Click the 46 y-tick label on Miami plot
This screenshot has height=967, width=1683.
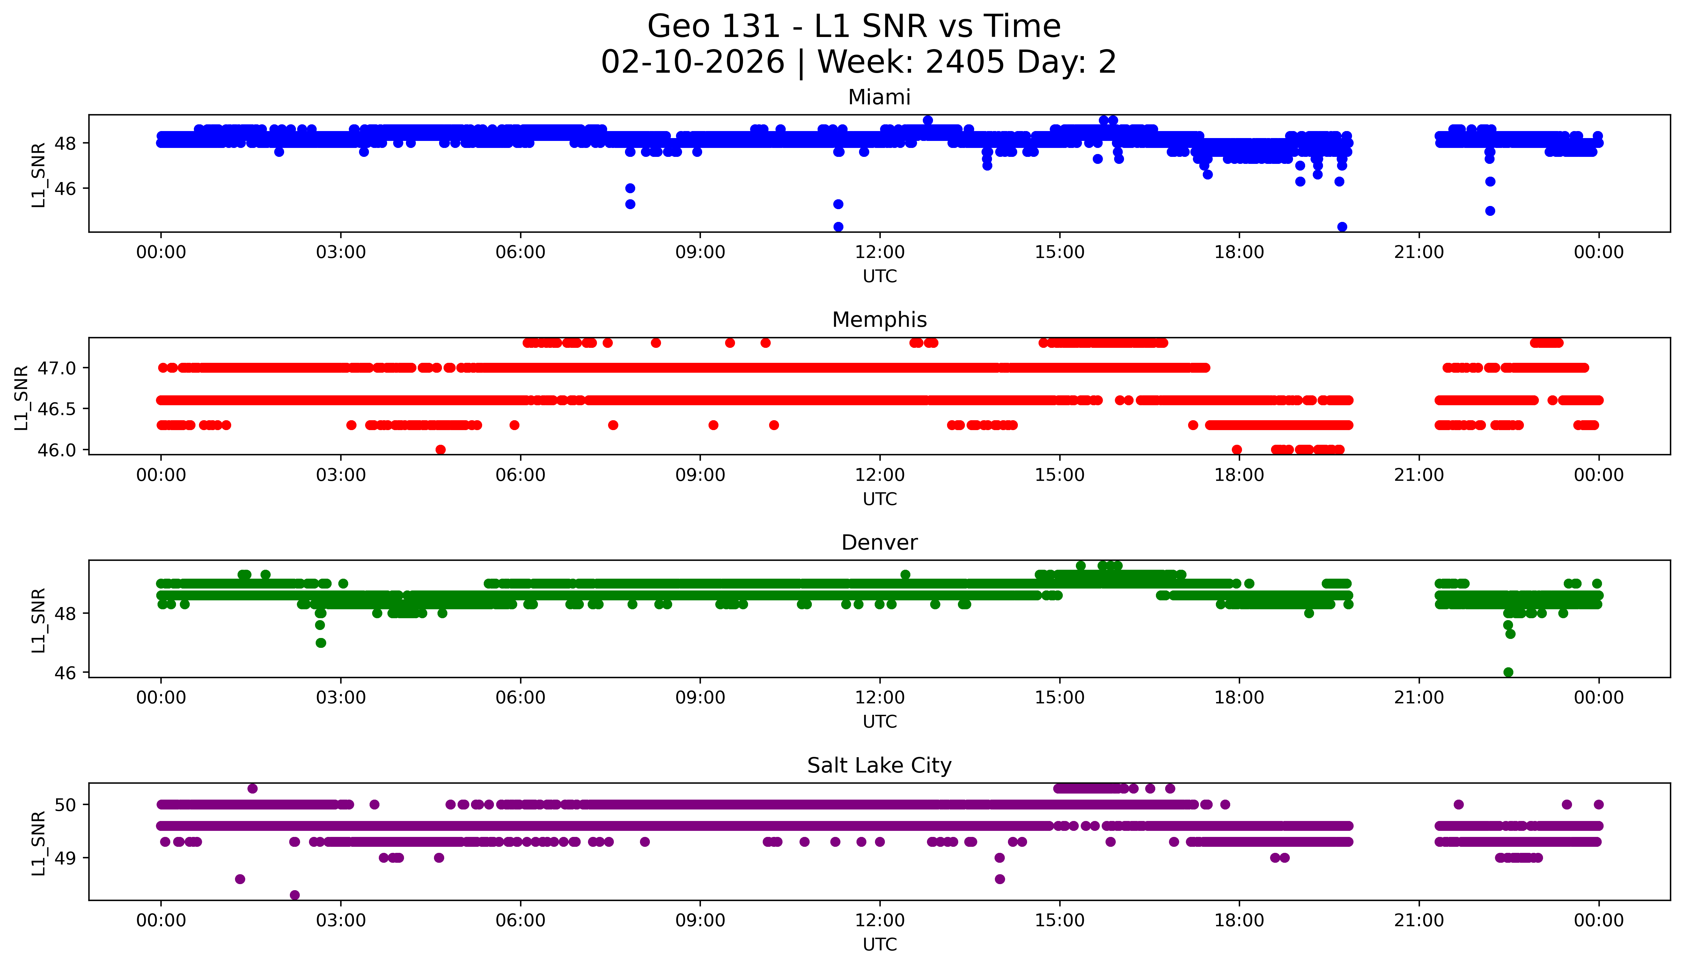pos(66,189)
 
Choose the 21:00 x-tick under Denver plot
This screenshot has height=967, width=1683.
pos(1419,698)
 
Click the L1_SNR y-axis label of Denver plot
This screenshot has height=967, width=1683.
pos(39,620)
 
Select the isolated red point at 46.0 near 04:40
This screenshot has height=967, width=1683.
pos(440,450)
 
